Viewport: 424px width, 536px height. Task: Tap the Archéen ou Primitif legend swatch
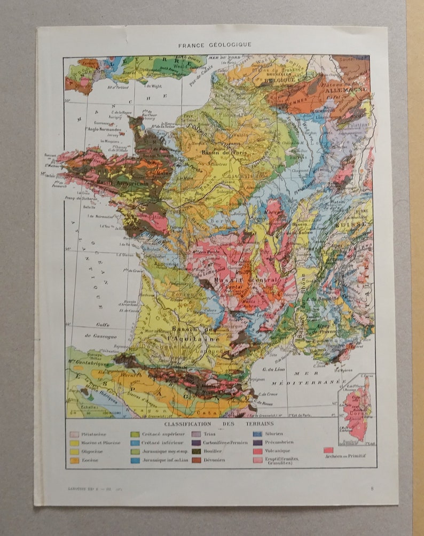pyautogui.click(x=328, y=450)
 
